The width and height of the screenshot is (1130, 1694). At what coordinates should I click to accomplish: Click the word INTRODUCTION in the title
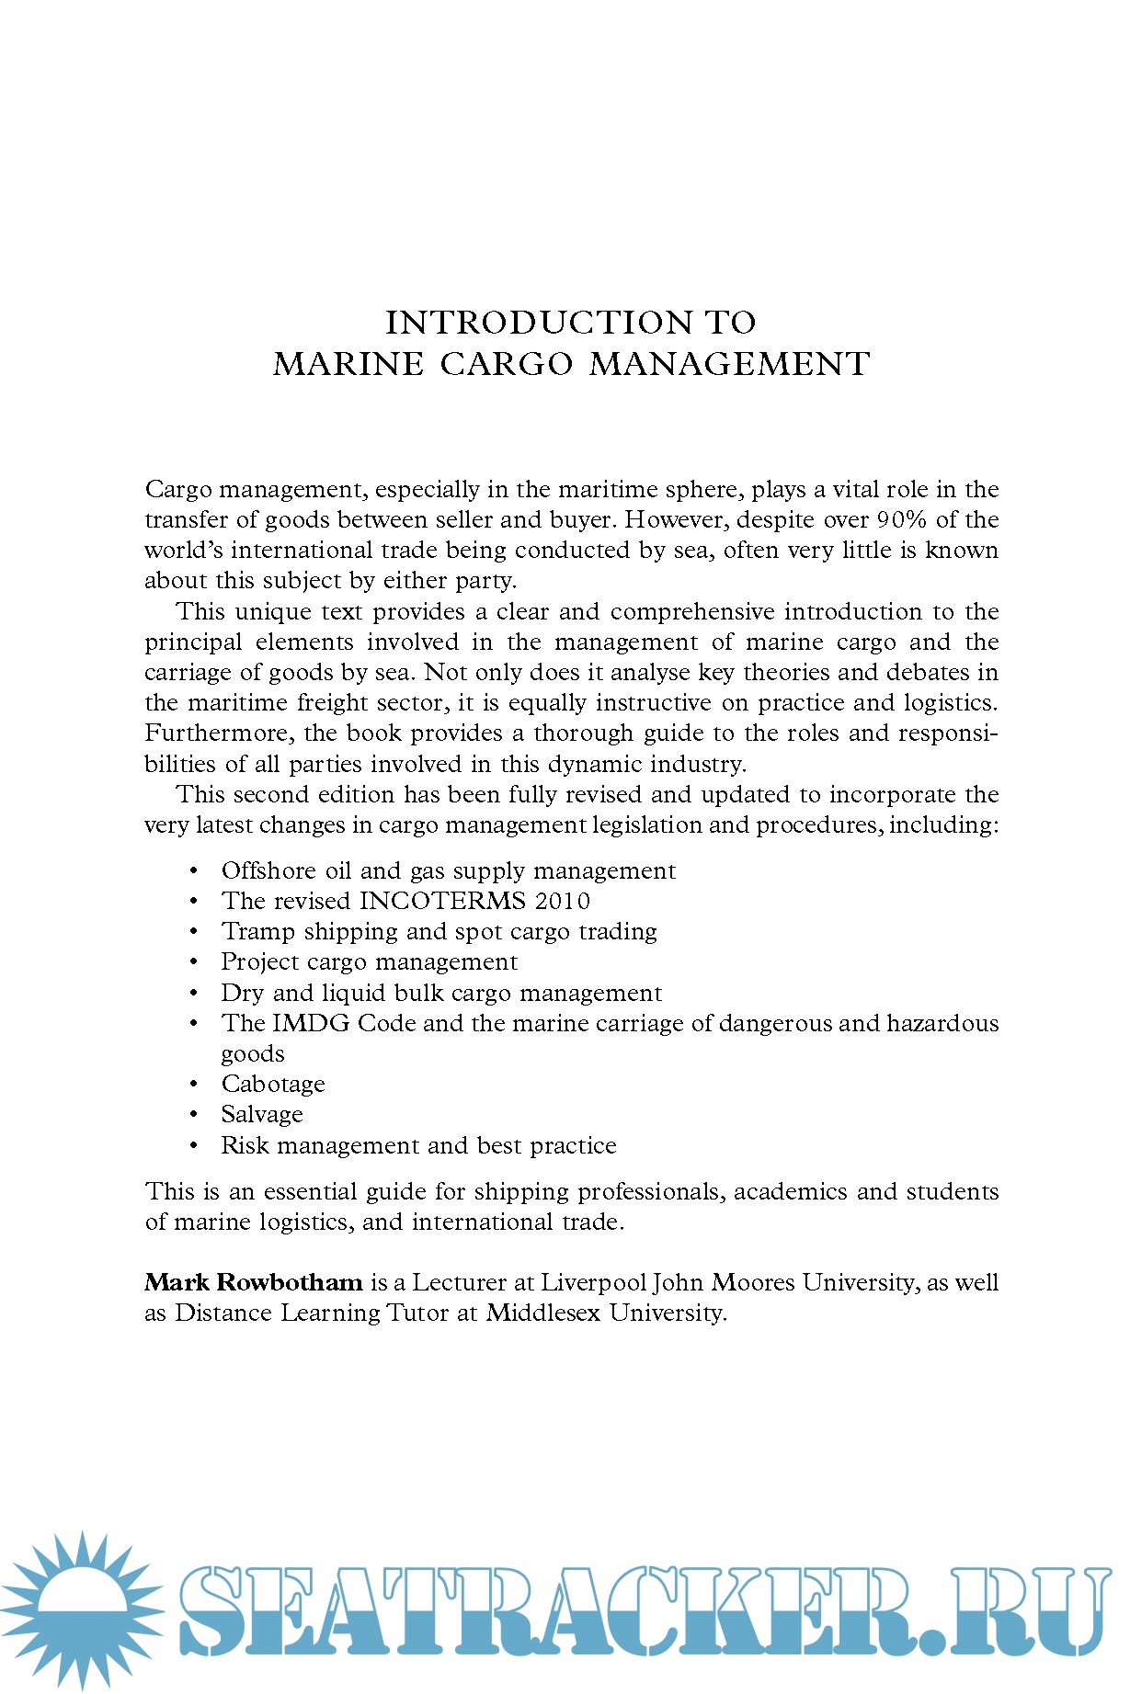(538, 323)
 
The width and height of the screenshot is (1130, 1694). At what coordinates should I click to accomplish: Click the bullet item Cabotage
(273, 1085)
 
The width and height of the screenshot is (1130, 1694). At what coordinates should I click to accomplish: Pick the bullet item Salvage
(262, 1115)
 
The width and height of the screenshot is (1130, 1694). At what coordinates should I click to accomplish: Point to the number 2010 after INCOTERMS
(563, 901)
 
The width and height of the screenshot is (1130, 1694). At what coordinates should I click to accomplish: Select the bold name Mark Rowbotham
(254, 1282)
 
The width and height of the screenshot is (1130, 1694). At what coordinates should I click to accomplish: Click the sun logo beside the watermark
(81, 1609)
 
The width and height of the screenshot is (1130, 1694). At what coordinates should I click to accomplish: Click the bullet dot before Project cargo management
(194, 962)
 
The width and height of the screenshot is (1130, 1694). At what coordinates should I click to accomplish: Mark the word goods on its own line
(253, 1054)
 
